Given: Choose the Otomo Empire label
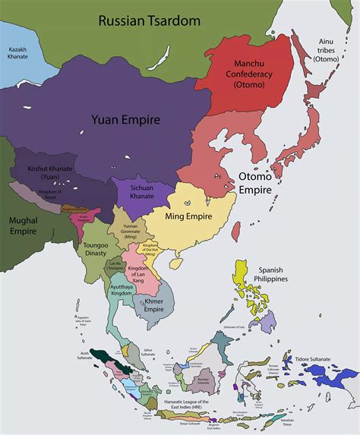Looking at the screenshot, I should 256,182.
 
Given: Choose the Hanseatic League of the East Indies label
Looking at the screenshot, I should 183,402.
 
